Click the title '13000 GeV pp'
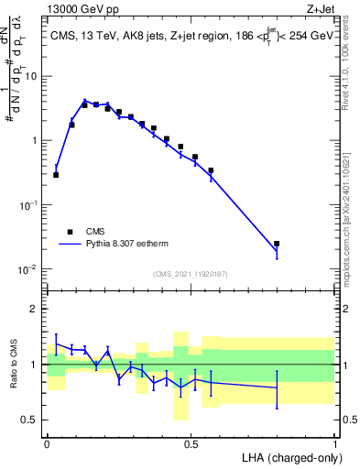[x=81, y=8]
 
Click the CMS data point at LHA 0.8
[x=277, y=244]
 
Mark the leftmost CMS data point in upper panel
[x=56, y=174]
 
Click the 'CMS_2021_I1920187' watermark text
[x=191, y=274]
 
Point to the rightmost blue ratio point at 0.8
[x=277, y=387]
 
